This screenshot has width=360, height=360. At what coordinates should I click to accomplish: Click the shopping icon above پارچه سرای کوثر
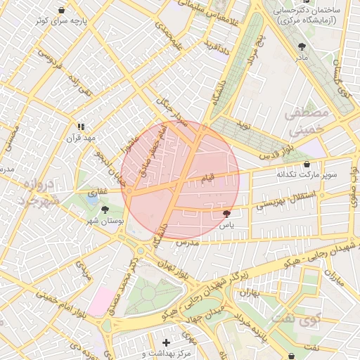(63, 10)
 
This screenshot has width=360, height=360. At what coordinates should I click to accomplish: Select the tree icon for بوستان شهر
(105, 210)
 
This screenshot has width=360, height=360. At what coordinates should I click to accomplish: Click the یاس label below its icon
(225, 226)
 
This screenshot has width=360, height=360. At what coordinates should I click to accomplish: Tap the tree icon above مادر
(302, 46)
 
